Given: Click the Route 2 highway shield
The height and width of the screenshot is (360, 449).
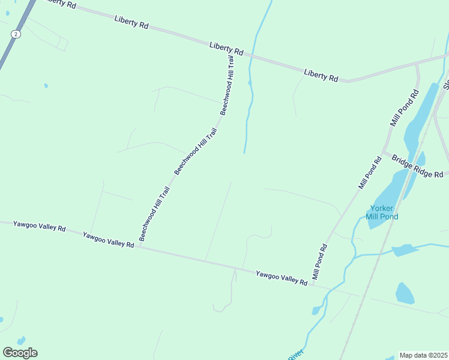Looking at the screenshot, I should coord(15,35).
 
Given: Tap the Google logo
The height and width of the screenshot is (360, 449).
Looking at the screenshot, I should coord(20,353).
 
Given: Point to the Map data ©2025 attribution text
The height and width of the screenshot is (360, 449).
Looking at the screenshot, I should coord(424,355).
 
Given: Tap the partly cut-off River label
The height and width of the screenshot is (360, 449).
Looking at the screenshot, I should coord(295,355).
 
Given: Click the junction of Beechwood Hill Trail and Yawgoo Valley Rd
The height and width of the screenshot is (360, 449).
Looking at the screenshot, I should coord(139,246).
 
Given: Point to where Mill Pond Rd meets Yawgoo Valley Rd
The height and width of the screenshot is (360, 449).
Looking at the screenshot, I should coord(312,284).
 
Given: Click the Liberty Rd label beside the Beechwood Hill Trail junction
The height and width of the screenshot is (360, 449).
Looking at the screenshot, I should coord(226,49).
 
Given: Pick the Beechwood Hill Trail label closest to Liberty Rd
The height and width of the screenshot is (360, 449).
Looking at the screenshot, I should coord(226,86).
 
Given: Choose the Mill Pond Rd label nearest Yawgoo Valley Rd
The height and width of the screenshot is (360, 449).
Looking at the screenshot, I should coord(318,264).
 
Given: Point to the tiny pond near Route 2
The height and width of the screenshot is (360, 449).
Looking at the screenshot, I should coord(46,86).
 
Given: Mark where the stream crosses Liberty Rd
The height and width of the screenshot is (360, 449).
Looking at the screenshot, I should coord(252,56).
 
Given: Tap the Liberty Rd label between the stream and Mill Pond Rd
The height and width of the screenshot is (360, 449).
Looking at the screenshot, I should coord(321,75).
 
